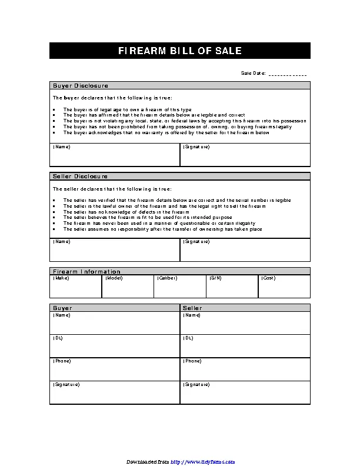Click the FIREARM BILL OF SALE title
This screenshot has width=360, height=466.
click(179, 51)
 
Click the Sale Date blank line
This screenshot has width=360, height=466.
click(287, 74)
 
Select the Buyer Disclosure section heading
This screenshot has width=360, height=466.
click(81, 86)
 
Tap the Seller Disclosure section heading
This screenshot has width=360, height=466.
click(81, 177)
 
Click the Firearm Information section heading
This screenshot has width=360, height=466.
click(86, 271)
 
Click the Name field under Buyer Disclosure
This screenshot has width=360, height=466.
click(115, 155)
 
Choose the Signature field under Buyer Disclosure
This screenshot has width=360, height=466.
click(245, 155)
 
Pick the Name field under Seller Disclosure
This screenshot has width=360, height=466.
click(115, 249)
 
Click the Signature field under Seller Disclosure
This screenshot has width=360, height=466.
click(245, 249)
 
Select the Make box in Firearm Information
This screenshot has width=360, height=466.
click(76, 286)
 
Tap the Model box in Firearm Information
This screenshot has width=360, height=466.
click(128, 286)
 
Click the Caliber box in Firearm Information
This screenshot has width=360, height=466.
click(180, 286)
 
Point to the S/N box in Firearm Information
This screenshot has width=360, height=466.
click(232, 286)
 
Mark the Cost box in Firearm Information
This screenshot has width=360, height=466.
click(284, 286)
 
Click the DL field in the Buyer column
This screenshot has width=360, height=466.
click(115, 346)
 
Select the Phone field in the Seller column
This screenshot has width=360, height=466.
click(245, 369)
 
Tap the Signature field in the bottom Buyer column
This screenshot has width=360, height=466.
click(115, 392)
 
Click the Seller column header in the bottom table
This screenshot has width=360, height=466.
click(193, 308)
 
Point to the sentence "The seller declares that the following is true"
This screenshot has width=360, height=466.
click(112, 189)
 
